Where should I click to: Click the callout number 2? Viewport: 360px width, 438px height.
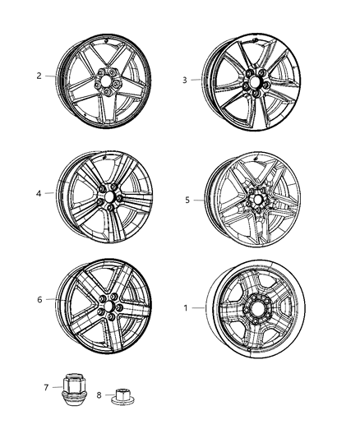click(x=39, y=76)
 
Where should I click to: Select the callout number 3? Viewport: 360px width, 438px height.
click(x=185, y=80)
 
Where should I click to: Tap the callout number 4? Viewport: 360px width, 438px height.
click(x=39, y=195)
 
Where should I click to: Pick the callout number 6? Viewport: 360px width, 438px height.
click(x=39, y=300)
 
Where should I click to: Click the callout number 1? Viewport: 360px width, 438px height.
click(x=185, y=308)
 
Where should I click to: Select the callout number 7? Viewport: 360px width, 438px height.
click(x=47, y=385)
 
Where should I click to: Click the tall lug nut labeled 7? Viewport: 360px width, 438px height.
click(x=73, y=386)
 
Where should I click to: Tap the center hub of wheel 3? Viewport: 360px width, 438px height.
click(x=254, y=85)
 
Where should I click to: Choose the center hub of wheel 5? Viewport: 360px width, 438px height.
click(x=253, y=200)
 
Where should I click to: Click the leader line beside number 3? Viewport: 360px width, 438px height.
click(x=199, y=80)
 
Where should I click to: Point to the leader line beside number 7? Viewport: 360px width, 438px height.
click(x=57, y=385)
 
